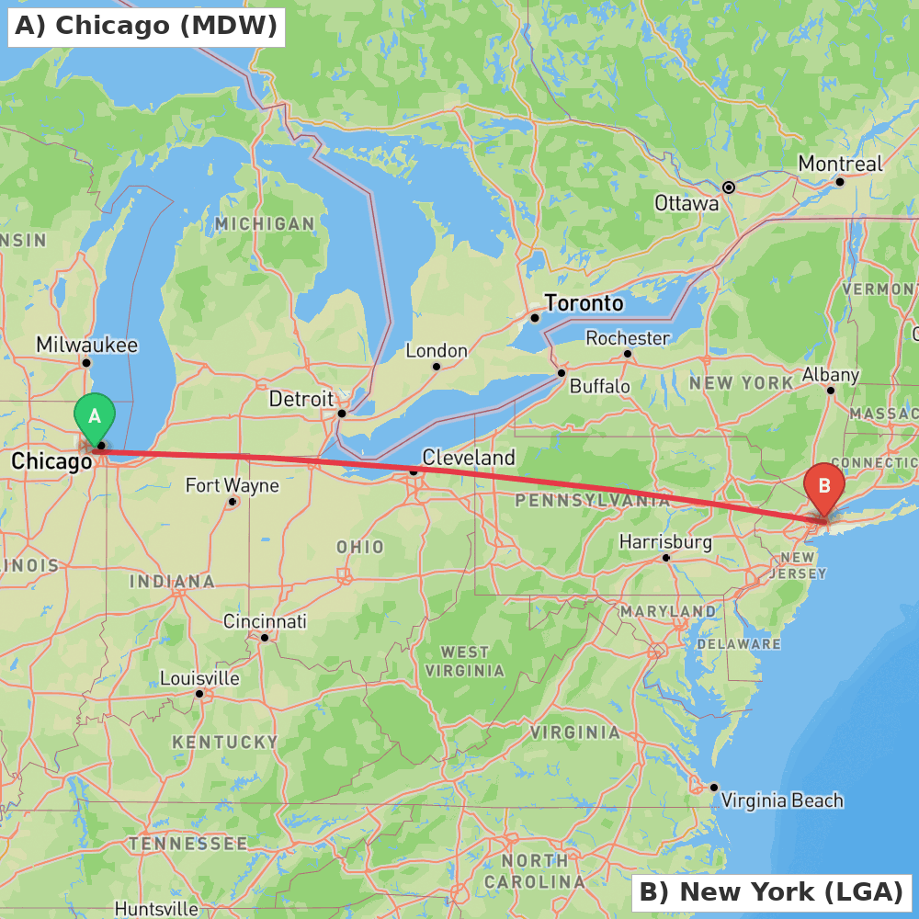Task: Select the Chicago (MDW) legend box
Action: pos(146,25)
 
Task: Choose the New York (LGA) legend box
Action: pos(771,891)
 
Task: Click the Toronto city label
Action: pos(584,303)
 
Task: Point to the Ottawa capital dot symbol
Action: pos(729,187)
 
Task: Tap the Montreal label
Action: pos(840,164)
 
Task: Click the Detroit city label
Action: pos(301,399)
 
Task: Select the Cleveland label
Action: pos(469,457)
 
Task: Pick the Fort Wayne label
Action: pos(232,484)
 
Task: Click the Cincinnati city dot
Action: pos(264,638)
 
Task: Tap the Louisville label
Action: pos(199,678)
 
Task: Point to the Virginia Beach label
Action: pos(781,800)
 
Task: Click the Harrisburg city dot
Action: pos(666,558)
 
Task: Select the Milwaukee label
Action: pos(87,345)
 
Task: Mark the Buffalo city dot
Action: pos(562,372)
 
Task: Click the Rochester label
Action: pos(628,338)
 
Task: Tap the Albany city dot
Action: pos(830,391)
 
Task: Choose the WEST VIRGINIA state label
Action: pos(465,661)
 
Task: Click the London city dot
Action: pos(437,367)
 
